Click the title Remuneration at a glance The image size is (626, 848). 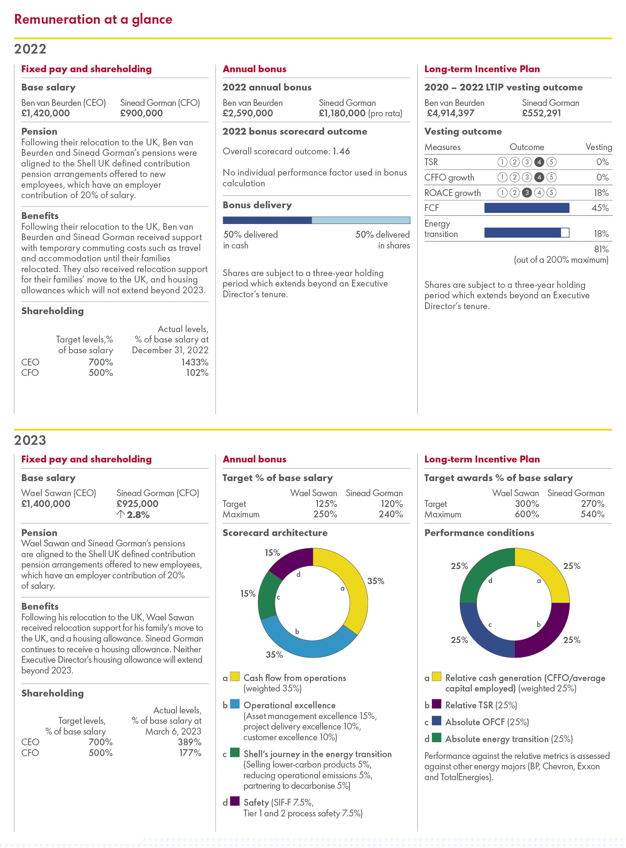click(x=93, y=19)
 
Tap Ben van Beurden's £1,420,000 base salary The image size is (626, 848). click(x=46, y=113)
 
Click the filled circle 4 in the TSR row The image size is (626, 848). click(x=539, y=162)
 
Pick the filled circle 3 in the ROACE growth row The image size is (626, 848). click(x=526, y=193)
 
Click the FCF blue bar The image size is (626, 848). click(x=526, y=208)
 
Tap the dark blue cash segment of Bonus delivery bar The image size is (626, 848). click(x=267, y=220)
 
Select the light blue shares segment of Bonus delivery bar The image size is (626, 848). click(x=360, y=220)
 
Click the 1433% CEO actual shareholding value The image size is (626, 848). click(x=195, y=362)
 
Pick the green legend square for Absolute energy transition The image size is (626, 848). click(x=437, y=738)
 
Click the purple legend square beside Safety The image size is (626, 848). click(x=235, y=801)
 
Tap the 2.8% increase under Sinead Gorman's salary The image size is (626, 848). click(x=138, y=515)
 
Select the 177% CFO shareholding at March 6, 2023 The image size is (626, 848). click(x=190, y=753)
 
